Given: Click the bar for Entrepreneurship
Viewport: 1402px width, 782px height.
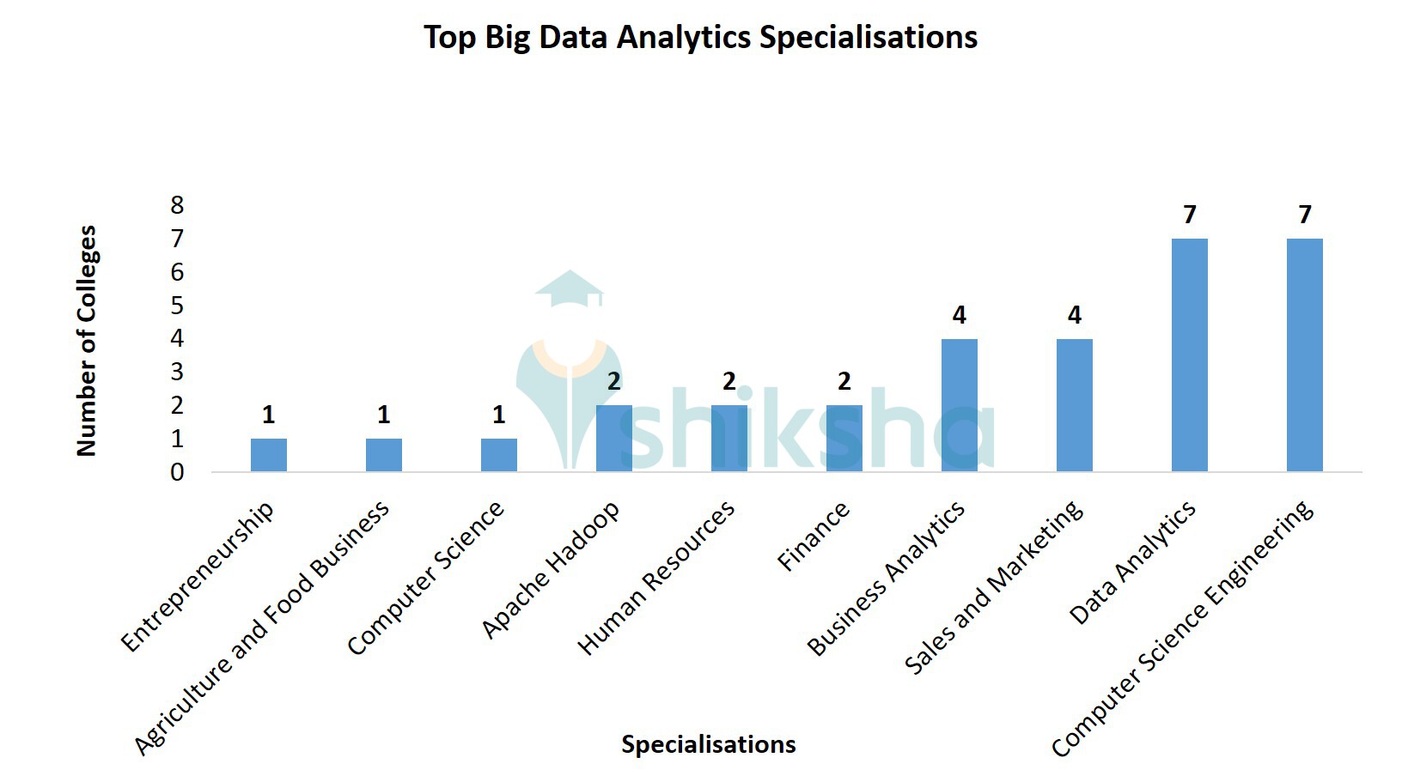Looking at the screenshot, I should pyautogui.click(x=269, y=455).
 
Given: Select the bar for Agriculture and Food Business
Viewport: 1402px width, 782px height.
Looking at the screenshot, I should pyautogui.click(x=384, y=455).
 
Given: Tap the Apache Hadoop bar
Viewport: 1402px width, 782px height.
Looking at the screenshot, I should pyautogui.click(x=614, y=439).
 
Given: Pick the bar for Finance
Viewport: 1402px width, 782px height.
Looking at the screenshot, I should pyautogui.click(x=844, y=439).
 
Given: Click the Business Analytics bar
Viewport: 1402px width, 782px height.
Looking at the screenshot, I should pyautogui.click(x=960, y=405).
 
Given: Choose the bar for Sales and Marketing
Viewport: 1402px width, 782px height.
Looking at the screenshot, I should pyautogui.click(x=1075, y=405).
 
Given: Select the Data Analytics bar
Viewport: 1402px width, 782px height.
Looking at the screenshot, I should pyautogui.click(x=1190, y=355).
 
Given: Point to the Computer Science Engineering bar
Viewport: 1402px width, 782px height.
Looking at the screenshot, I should pyautogui.click(x=1305, y=355).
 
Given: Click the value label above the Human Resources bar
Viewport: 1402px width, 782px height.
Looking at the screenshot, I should pyautogui.click(x=729, y=381).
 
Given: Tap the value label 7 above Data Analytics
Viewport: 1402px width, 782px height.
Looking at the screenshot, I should pyautogui.click(x=1190, y=215).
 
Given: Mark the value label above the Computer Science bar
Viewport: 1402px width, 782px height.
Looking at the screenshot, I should pyautogui.click(x=499, y=415).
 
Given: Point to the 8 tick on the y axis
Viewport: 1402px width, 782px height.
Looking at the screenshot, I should pyautogui.click(x=178, y=205).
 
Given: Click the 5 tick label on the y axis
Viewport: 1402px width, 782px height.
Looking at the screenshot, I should pyautogui.click(x=178, y=306).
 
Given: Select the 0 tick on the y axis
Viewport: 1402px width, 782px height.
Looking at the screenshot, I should pyautogui.click(x=178, y=472).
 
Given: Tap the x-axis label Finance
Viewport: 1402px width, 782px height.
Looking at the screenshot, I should pyautogui.click(x=814, y=536).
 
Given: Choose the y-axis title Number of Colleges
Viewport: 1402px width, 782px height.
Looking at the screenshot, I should pyautogui.click(x=87, y=341).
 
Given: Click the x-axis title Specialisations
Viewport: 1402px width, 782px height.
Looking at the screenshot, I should pyautogui.click(x=709, y=744).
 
